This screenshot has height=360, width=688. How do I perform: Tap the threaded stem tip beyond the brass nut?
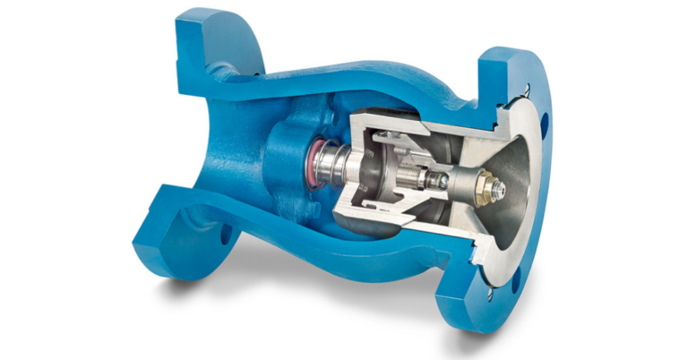coord(500,190)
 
